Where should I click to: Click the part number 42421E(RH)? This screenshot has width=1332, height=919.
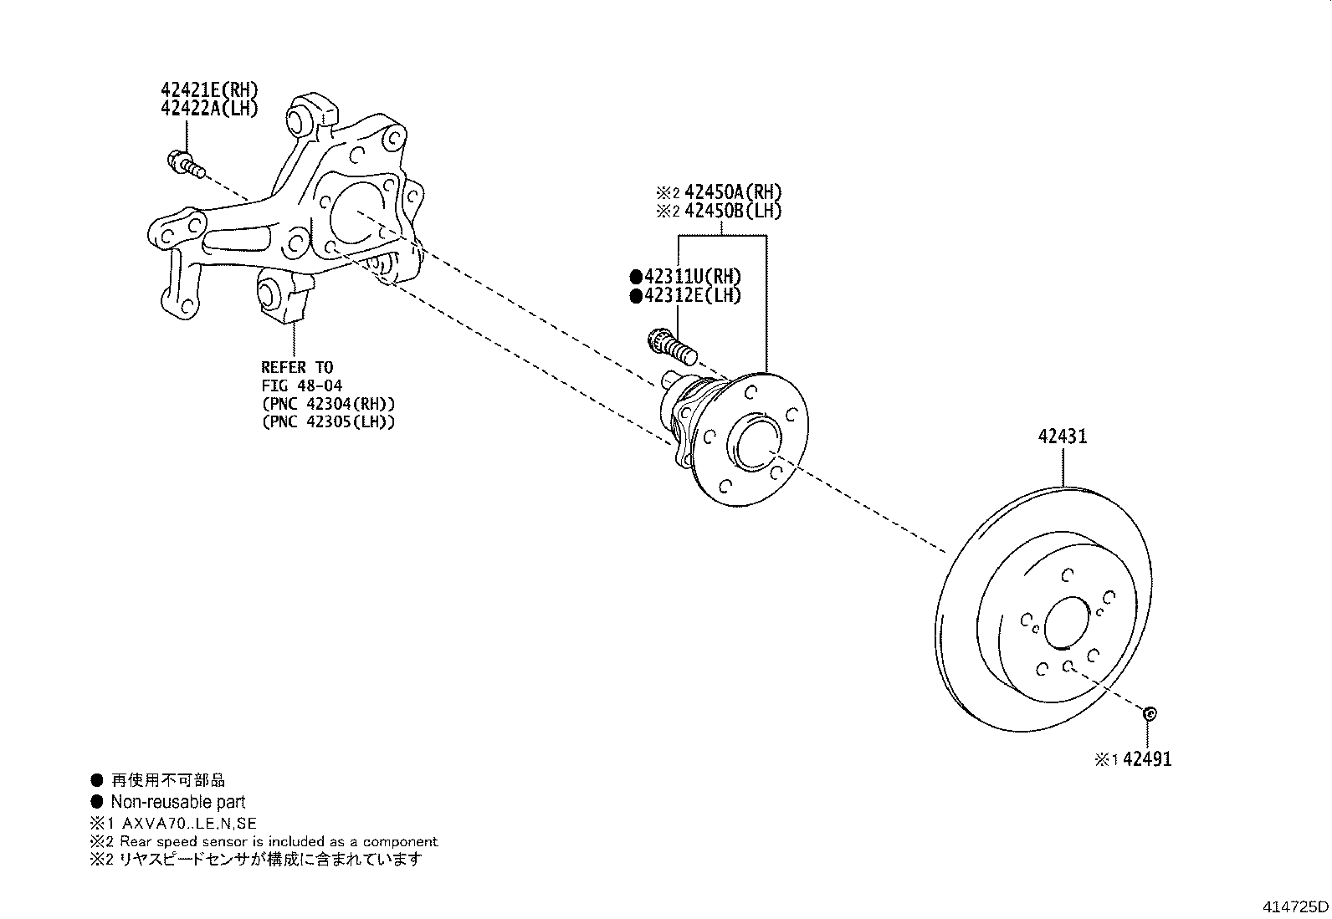point(209,90)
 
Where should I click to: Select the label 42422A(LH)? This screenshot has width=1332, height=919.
point(209,109)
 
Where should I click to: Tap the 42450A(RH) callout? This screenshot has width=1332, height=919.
point(733,192)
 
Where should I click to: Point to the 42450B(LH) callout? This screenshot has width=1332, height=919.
point(733,211)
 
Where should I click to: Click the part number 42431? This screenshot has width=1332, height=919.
point(1063,437)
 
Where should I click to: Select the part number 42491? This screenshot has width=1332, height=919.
point(1147,759)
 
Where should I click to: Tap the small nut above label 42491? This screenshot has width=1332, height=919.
point(1149,713)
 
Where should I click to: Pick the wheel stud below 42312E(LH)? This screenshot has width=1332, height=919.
point(672,346)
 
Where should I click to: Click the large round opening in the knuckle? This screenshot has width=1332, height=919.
point(357,214)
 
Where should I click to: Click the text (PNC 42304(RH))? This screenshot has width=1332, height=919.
point(328,403)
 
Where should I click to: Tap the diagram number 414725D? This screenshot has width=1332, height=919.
point(1296,906)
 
